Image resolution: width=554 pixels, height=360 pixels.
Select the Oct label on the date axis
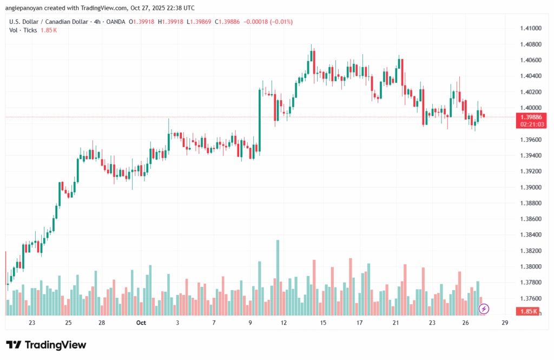(141, 323)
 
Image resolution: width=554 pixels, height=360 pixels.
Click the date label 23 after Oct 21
(432, 323)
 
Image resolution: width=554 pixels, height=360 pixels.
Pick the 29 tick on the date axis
(504, 323)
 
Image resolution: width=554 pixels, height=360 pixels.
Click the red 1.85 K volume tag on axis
(528, 311)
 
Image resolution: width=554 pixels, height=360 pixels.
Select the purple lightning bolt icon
(484, 309)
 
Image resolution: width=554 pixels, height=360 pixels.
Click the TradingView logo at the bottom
(46, 345)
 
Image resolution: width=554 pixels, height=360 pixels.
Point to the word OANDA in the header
(115, 22)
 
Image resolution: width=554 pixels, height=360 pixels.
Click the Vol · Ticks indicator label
(23, 30)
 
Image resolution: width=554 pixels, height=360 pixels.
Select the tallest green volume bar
(278, 277)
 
